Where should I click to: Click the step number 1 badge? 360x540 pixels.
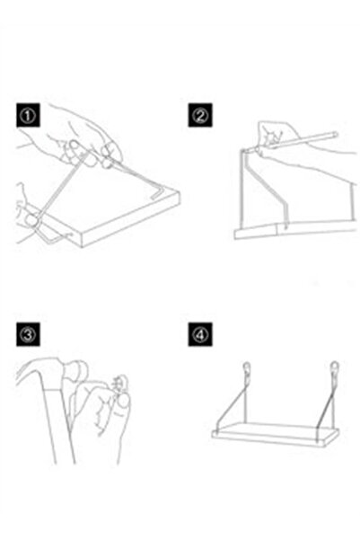[28, 115]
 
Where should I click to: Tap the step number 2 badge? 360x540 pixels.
[200, 115]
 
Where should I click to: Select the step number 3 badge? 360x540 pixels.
[28, 334]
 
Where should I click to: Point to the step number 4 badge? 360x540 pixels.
[200, 334]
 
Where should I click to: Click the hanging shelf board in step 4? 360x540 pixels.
[276, 435]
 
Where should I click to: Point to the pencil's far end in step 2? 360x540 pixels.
[335, 134]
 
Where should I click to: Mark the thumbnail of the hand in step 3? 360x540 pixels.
[123, 401]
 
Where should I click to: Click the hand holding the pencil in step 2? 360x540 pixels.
[276, 135]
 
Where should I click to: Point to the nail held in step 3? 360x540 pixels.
[119, 383]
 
